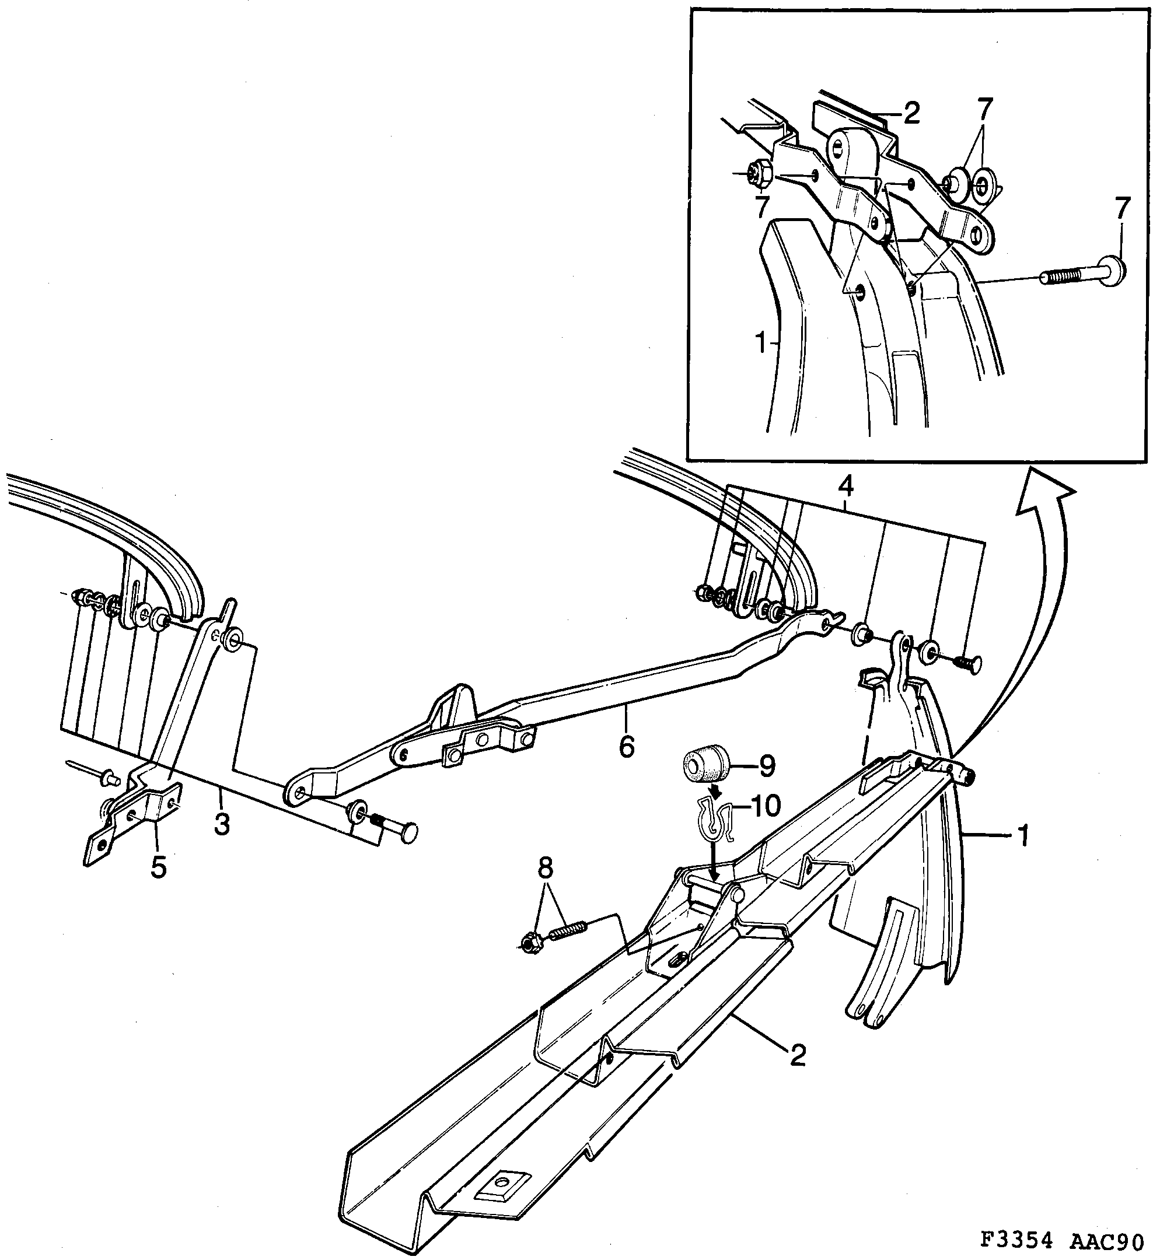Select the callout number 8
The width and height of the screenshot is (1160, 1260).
tap(546, 870)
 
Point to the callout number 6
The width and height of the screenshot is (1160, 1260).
tap(626, 747)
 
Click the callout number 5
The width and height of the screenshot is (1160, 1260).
tap(158, 868)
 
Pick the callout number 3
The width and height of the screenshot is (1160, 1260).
tap(222, 824)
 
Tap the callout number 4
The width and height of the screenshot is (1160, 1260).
tap(845, 487)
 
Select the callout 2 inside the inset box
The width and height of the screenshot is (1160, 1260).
tap(911, 114)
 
